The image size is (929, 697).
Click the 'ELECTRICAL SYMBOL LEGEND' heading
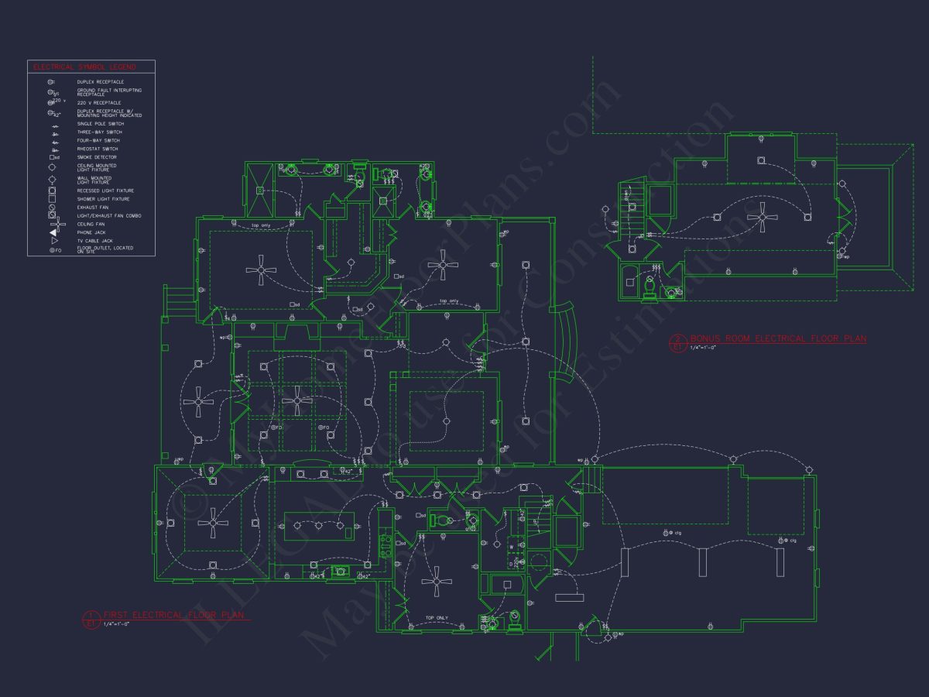point(84,67)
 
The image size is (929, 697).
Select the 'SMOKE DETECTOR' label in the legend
point(97,157)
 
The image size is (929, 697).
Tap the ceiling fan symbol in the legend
point(53,224)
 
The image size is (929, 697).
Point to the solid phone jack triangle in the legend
point(53,232)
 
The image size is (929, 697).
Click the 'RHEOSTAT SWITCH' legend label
point(98,149)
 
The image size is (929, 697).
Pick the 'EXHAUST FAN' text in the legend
point(93,208)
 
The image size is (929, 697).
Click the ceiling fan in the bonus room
point(763,217)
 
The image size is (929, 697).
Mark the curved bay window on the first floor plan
point(567,340)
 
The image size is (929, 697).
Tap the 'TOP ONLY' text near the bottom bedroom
point(436,618)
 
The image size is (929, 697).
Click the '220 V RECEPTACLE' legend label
point(99,102)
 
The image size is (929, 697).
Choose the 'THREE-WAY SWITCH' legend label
point(99,132)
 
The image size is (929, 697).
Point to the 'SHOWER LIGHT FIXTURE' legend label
point(103,199)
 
